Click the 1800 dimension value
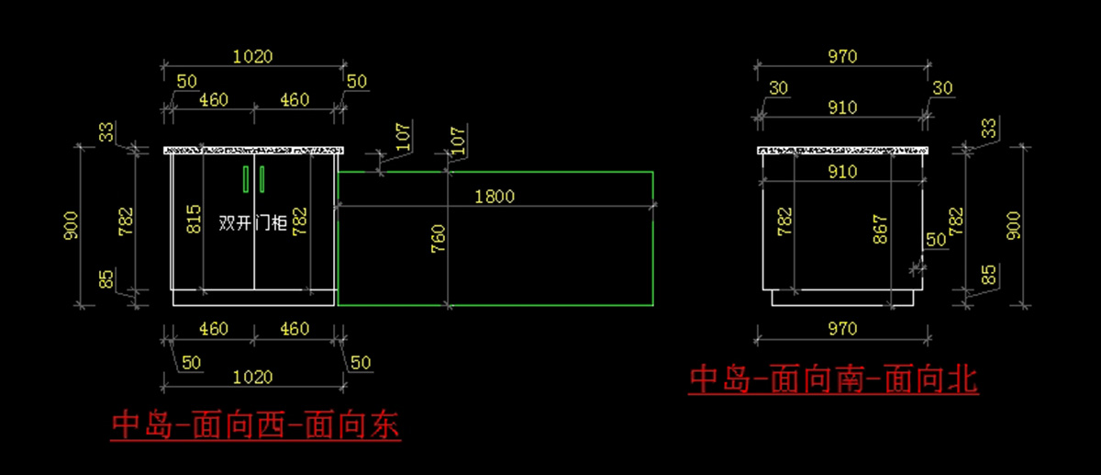click(495, 196)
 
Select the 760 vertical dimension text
click(437, 238)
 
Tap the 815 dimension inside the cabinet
click(194, 221)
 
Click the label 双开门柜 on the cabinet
click(254, 222)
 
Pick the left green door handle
click(245, 179)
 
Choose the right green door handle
click(262, 179)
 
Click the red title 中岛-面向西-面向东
click(256, 426)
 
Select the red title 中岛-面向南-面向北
click(833, 379)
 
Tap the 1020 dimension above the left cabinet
click(252, 56)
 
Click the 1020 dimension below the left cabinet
click(252, 377)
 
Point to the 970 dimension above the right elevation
click(841, 57)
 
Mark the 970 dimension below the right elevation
click(841, 329)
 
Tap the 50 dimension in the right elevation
click(935, 240)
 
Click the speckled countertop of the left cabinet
click(253, 150)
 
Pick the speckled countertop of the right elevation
click(842, 150)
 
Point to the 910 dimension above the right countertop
click(841, 107)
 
